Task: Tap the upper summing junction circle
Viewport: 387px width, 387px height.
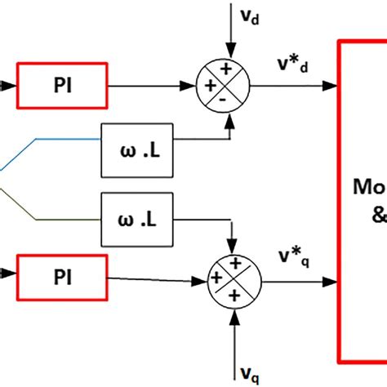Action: pyautogui.click(x=223, y=84)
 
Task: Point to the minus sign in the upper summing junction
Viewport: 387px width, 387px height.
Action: pyautogui.click(x=223, y=97)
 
